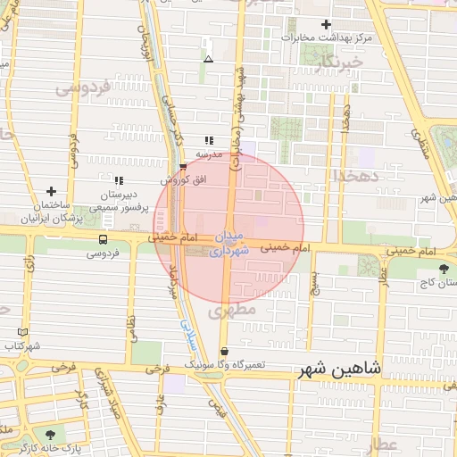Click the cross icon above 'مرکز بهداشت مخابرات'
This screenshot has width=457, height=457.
coord(326,25)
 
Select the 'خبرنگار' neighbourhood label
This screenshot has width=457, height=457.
coord(343,62)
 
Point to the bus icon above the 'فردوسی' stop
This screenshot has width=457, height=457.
coord(104,239)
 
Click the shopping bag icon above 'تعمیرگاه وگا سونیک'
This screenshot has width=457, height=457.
coord(223,352)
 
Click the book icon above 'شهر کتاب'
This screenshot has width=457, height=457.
coord(22,332)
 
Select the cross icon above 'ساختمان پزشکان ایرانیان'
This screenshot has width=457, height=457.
coord(51,191)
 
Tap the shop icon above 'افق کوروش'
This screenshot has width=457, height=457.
coord(183,166)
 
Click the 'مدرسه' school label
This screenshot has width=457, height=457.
coord(209,154)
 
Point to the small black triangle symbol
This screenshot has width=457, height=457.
coord(208,59)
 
